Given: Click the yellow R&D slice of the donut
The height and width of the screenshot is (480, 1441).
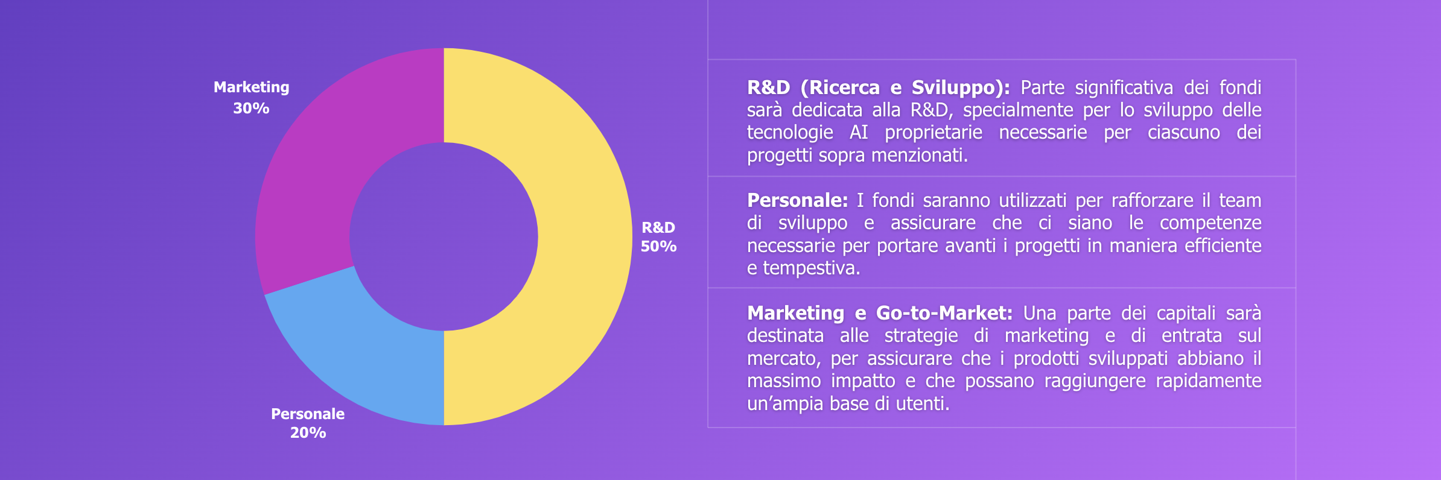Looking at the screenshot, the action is (579, 236).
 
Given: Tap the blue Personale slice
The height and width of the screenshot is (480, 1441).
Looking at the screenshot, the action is (374, 350).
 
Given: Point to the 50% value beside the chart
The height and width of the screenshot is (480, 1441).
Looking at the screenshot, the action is (658, 247).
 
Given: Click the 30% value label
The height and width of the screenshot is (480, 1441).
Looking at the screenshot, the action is (251, 109).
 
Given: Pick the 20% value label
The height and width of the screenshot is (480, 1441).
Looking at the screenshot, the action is (308, 433).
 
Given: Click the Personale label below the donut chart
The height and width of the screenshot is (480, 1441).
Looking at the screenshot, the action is (308, 414).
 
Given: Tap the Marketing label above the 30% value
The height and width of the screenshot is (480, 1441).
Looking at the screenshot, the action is (252, 87).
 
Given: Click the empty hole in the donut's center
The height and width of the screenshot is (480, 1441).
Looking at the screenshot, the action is (444, 236).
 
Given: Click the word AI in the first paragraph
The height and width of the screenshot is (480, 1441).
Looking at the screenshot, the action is (859, 133).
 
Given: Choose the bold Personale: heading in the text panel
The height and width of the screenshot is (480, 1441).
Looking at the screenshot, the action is (797, 200).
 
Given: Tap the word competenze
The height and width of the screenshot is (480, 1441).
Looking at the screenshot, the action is (1210, 223).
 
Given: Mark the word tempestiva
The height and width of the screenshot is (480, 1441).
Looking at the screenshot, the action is (812, 268).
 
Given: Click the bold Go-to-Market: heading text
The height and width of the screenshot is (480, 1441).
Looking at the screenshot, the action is (944, 313).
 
